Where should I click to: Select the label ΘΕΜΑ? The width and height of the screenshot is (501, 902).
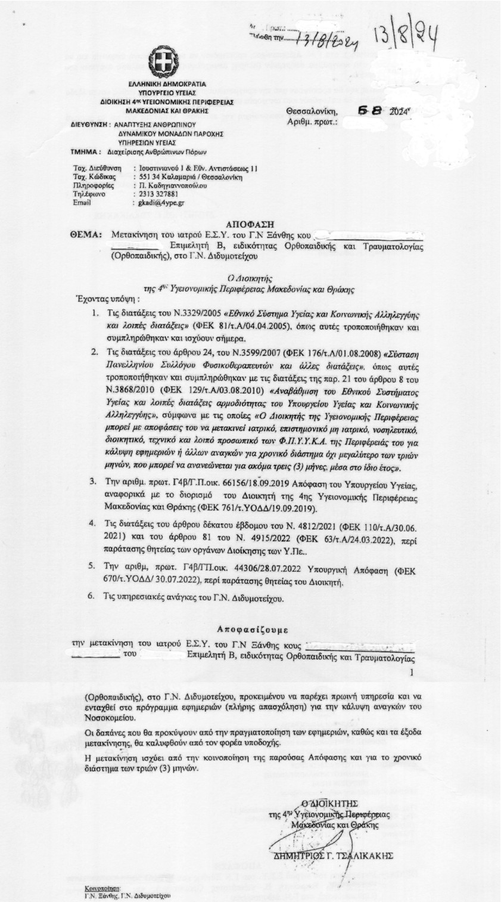[89, 235]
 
